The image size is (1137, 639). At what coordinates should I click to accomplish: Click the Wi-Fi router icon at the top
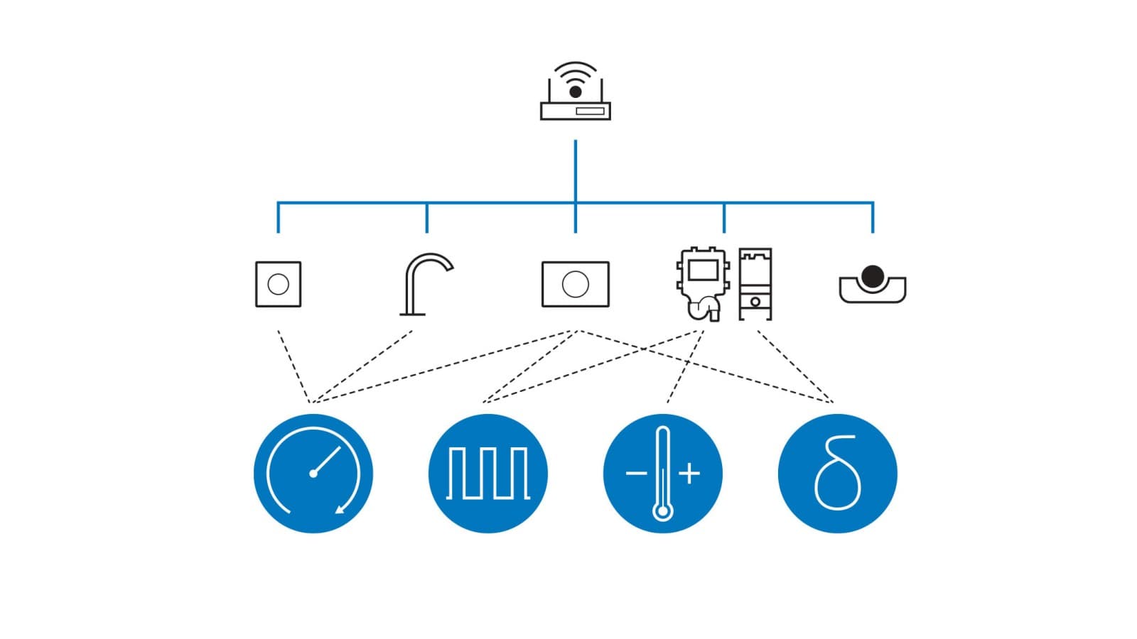pos(575,92)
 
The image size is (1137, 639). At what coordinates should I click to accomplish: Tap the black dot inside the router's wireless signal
pos(576,92)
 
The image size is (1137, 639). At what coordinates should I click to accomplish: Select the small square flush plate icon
pos(278,284)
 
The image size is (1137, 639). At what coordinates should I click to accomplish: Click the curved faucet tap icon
pos(424,284)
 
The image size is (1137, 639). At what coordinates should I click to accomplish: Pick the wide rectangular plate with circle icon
pos(575,284)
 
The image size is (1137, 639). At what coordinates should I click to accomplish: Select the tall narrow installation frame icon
pos(755,284)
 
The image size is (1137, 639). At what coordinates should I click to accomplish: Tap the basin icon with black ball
pos(872,285)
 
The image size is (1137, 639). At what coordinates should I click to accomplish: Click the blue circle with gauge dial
pos(313,474)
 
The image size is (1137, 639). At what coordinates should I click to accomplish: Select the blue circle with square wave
pos(488,474)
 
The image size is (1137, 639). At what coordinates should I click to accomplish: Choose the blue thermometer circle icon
pos(663,474)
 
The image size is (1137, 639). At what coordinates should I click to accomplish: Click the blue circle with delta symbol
pos(838,474)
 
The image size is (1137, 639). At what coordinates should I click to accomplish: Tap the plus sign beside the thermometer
pos(689,473)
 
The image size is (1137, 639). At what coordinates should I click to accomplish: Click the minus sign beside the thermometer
pos(636,473)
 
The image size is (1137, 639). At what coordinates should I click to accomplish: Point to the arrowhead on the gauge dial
pos(341,508)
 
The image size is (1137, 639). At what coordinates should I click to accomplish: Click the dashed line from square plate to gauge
pos(293,366)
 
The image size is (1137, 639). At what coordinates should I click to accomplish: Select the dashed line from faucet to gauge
pos(362,366)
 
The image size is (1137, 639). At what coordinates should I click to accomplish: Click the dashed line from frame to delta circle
pos(794,366)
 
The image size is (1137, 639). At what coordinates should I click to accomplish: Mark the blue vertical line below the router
pos(575,170)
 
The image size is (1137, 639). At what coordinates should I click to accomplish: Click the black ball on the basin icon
pos(872,275)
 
